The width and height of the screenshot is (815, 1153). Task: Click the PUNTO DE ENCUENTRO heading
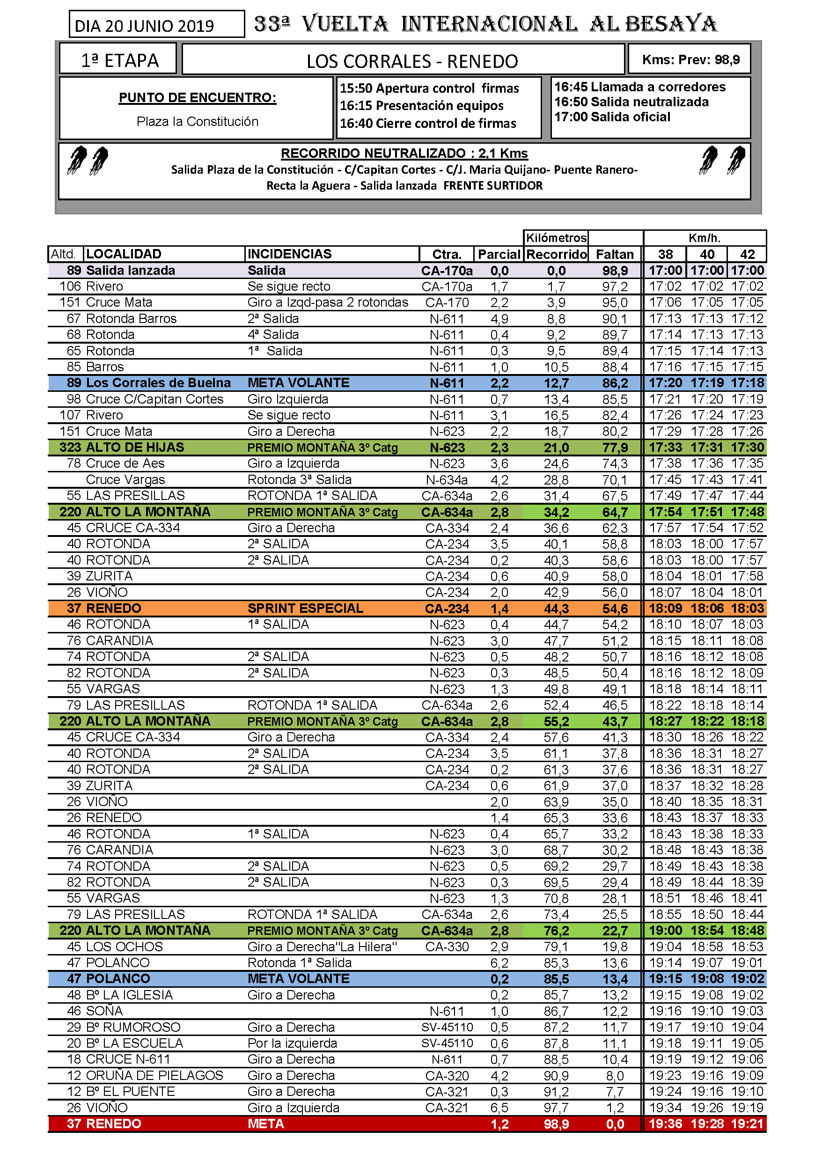tap(198, 97)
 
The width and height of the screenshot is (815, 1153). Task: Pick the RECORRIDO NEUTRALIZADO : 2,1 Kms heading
tap(404, 153)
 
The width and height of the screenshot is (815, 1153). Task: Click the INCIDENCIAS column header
tap(290, 254)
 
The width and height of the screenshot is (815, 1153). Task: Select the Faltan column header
tap(615, 255)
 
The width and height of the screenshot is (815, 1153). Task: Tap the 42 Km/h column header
tap(747, 255)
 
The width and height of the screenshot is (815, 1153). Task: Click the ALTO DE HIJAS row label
tap(135, 448)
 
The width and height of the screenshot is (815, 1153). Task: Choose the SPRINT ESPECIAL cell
tap(305, 609)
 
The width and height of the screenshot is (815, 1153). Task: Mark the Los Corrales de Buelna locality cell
tap(158, 383)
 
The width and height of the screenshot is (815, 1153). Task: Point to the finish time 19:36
tap(665, 1124)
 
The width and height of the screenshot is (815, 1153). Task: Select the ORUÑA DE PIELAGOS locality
tap(154, 1076)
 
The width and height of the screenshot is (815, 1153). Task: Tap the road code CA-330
tap(447, 947)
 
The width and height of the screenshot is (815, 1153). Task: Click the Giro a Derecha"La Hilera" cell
tap(322, 947)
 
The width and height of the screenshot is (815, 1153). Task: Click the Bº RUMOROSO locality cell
tap(133, 1028)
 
